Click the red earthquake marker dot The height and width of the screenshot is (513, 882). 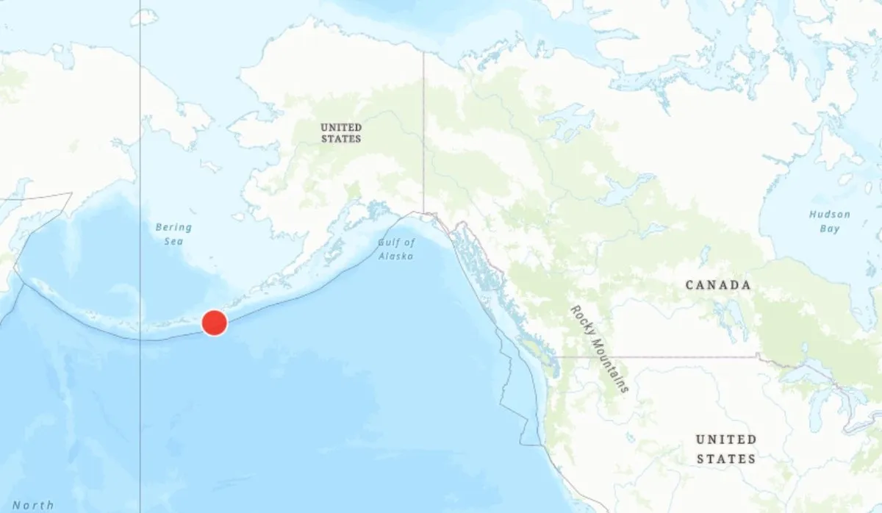[x=214, y=323]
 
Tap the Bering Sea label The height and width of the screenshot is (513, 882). [x=173, y=234]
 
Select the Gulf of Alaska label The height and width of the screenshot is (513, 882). [x=396, y=249]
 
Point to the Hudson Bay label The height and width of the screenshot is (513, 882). [x=830, y=221]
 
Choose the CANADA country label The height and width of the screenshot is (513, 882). [x=718, y=285]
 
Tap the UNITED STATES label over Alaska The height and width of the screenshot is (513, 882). [x=341, y=133]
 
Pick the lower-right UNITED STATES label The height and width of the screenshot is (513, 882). [x=726, y=449]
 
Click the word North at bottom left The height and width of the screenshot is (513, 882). [x=33, y=505]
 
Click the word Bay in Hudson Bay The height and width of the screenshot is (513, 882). [x=830, y=229]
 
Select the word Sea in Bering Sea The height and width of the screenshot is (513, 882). [x=174, y=242]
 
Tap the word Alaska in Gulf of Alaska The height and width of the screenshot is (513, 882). [x=396, y=256]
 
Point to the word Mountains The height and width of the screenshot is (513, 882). [x=612, y=365]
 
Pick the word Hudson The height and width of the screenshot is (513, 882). [x=830, y=215]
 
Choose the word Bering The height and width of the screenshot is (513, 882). [x=173, y=228]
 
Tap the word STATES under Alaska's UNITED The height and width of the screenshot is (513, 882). [x=341, y=138]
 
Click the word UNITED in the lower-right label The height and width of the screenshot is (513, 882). [x=726, y=440]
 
